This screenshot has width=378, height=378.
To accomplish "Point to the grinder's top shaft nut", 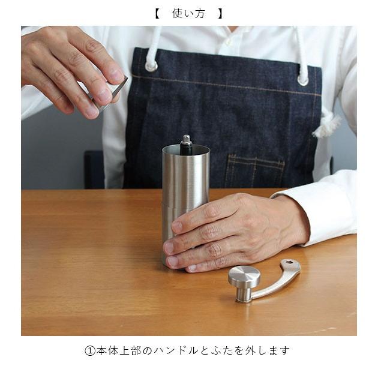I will coord(186,140).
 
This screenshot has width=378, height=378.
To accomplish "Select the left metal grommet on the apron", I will coord(151,65).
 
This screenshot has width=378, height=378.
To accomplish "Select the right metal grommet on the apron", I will coord(303,79).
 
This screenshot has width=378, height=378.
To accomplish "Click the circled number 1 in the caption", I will coord(90,350).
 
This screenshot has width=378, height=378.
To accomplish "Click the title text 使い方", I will coord(188,13).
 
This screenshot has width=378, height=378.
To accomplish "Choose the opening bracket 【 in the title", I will coord(157,13).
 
